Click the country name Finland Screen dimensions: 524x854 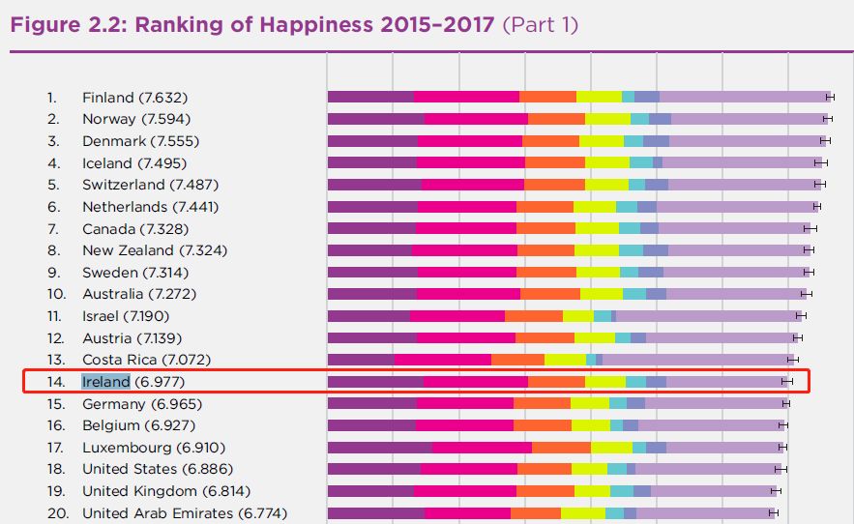click(x=108, y=98)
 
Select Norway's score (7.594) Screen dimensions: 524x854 click(x=164, y=119)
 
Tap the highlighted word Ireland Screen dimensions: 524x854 click(x=105, y=382)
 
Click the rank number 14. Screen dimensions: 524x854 click(x=55, y=382)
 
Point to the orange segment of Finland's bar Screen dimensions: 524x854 click(x=547, y=97)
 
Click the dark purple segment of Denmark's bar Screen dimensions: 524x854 click(x=372, y=140)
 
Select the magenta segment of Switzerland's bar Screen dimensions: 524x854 click(x=472, y=184)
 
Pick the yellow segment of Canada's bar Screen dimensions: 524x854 click(x=597, y=228)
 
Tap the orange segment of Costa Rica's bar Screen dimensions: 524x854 click(x=517, y=360)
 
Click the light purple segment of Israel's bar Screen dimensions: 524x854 click(x=705, y=316)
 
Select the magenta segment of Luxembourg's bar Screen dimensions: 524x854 click(x=482, y=448)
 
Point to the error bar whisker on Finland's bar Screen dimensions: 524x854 click(x=830, y=97)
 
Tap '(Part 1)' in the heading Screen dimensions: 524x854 click(x=541, y=24)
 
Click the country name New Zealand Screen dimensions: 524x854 click(x=127, y=250)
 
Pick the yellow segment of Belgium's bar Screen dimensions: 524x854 click(x=590, y=425)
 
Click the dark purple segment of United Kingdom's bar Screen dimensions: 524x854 click(x=370, y=491)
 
